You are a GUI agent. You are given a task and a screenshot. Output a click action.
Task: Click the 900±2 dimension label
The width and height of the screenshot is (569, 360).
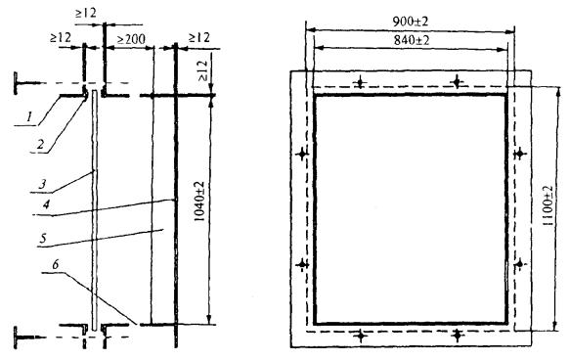[x=411, y=22]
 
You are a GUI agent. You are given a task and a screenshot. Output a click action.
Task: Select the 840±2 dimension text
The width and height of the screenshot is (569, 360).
[x=412, y=40]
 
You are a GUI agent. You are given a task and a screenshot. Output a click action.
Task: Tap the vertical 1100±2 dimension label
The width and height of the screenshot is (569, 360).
[x=547, y=206]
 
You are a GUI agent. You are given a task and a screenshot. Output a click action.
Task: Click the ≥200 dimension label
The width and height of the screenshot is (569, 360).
[x=130, y=39]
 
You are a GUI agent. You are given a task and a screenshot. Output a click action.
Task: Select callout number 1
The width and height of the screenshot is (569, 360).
[x=28, y=116]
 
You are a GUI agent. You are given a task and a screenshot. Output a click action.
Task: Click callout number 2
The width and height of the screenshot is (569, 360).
[x=40, y=144]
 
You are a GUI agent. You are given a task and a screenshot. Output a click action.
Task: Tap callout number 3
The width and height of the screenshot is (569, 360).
[x=42, y=183]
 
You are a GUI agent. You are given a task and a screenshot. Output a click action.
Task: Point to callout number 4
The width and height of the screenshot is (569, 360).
[x=46, y=204]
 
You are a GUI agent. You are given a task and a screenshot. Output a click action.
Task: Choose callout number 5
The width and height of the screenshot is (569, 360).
[x=43, y=239]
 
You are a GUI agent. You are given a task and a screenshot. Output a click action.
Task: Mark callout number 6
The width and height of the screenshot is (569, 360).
[x=55, y=264]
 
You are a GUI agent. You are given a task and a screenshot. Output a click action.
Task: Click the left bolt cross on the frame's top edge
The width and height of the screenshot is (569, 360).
[x=360, y=82]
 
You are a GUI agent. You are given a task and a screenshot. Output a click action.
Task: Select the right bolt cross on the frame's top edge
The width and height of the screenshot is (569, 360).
[x=457, y=82]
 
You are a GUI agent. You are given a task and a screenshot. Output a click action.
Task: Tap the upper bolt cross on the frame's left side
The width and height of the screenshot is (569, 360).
[x=302, y=155]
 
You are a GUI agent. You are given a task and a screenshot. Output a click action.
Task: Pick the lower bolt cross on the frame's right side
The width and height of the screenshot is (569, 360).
[x=520, y=264]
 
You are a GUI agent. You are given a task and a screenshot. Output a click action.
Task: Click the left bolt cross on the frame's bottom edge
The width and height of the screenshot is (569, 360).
[x=361, y=336]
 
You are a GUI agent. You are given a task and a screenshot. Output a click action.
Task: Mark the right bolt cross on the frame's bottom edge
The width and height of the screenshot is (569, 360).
[x=458, y=336]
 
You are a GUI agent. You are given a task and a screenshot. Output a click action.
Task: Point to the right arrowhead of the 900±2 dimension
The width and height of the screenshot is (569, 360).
[x=510, y=31]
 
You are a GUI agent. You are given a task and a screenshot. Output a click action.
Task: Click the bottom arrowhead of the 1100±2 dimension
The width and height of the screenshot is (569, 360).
[x=555, y=326]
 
